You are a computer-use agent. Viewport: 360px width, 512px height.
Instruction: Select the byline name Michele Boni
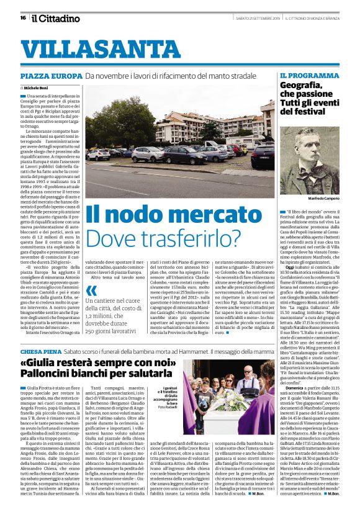point(45,88)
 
